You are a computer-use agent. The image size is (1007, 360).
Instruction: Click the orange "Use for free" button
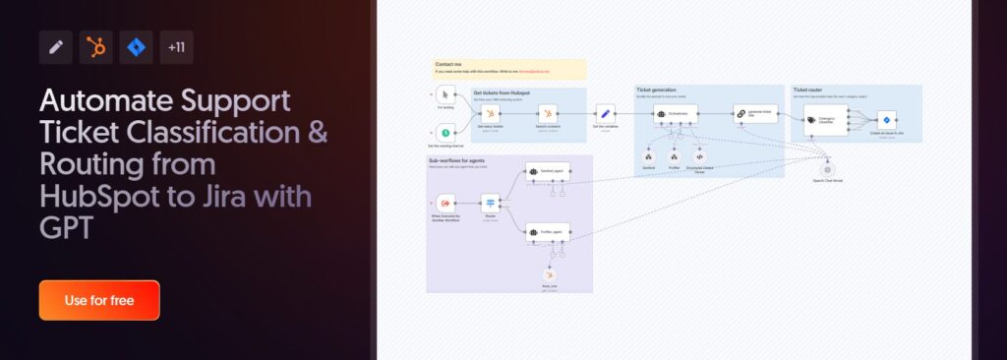(x=99, y=300)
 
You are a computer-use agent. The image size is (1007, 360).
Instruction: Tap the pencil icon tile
(x=56, y=47)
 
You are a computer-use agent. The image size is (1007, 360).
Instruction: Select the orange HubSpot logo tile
(x=96, y=47)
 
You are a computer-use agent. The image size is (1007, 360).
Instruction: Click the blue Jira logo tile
(x=137, y=47)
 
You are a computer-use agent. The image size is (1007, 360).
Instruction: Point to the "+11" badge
(x=177, y=47)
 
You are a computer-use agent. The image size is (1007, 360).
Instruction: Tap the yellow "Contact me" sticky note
(x=510, y=69)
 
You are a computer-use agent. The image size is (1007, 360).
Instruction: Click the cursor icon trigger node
(x=445, y=95)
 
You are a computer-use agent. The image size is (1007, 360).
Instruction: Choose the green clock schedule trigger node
(x=445, y=132)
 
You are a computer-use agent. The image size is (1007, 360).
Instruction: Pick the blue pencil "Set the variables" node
(x=606, y=114)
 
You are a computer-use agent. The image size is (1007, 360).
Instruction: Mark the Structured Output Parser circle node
(x=700, y=156)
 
